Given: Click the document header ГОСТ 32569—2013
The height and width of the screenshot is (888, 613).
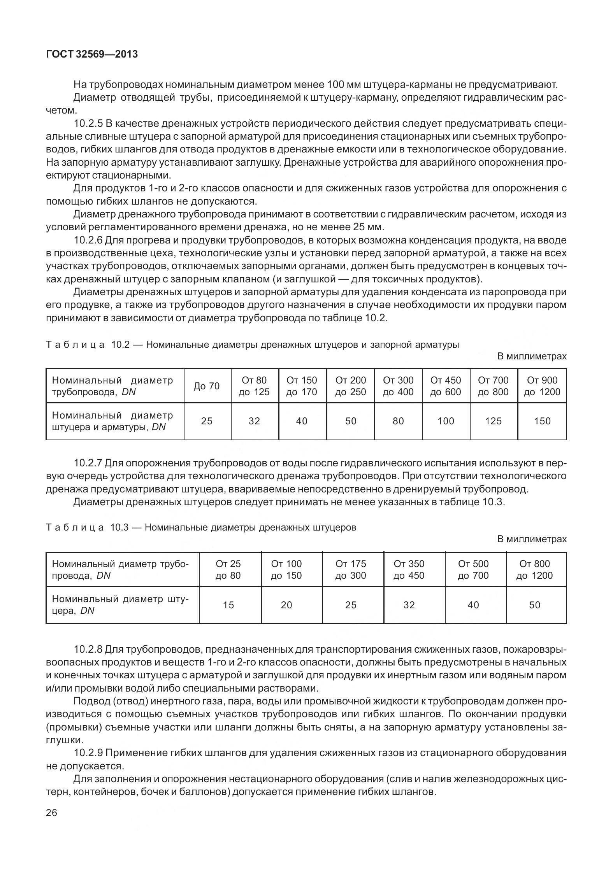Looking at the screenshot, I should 92,54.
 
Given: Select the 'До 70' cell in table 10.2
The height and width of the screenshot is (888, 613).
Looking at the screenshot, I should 207,386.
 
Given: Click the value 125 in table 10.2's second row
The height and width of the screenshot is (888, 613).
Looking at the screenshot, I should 493,421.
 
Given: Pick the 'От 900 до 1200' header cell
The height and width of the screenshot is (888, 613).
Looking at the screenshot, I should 542,386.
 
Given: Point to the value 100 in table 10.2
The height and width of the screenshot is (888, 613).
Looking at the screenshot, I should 446,421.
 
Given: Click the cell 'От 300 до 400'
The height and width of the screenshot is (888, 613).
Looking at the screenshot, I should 398,386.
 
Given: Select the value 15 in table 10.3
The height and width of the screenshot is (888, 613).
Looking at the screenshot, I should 228,605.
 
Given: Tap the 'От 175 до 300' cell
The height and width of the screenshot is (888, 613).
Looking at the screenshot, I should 351,570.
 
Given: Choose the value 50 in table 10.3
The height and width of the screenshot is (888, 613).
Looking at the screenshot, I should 535,605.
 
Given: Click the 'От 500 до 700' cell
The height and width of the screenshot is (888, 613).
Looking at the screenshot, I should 473,570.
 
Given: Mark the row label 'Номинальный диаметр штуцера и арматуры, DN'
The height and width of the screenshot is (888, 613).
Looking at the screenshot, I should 112,421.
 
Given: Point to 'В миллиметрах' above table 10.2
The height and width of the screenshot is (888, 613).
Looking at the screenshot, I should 532,356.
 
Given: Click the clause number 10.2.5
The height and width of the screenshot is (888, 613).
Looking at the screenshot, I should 88,124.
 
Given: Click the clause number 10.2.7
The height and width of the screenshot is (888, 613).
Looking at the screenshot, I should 88,463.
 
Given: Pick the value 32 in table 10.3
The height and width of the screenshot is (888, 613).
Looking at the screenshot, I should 409,605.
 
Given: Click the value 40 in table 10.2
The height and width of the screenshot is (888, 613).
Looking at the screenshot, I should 302,421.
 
